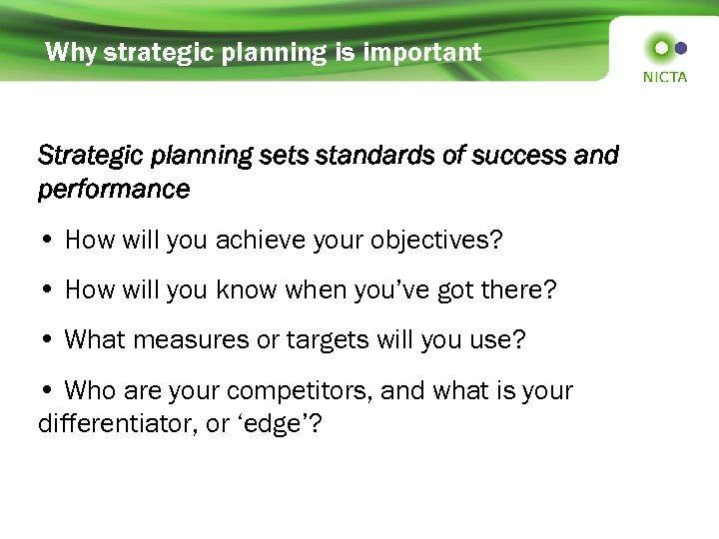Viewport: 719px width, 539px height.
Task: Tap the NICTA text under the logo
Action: [x=665, y=77]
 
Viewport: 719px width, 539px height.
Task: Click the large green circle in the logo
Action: [x=659, y=47]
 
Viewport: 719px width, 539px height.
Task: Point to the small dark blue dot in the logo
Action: [x=681, y=47]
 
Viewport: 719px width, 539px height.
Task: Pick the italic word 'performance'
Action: [x=113, y=189]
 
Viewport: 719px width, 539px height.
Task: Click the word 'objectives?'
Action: [x=438, y=241]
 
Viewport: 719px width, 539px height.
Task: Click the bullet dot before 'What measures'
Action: [x=49, y=340]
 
